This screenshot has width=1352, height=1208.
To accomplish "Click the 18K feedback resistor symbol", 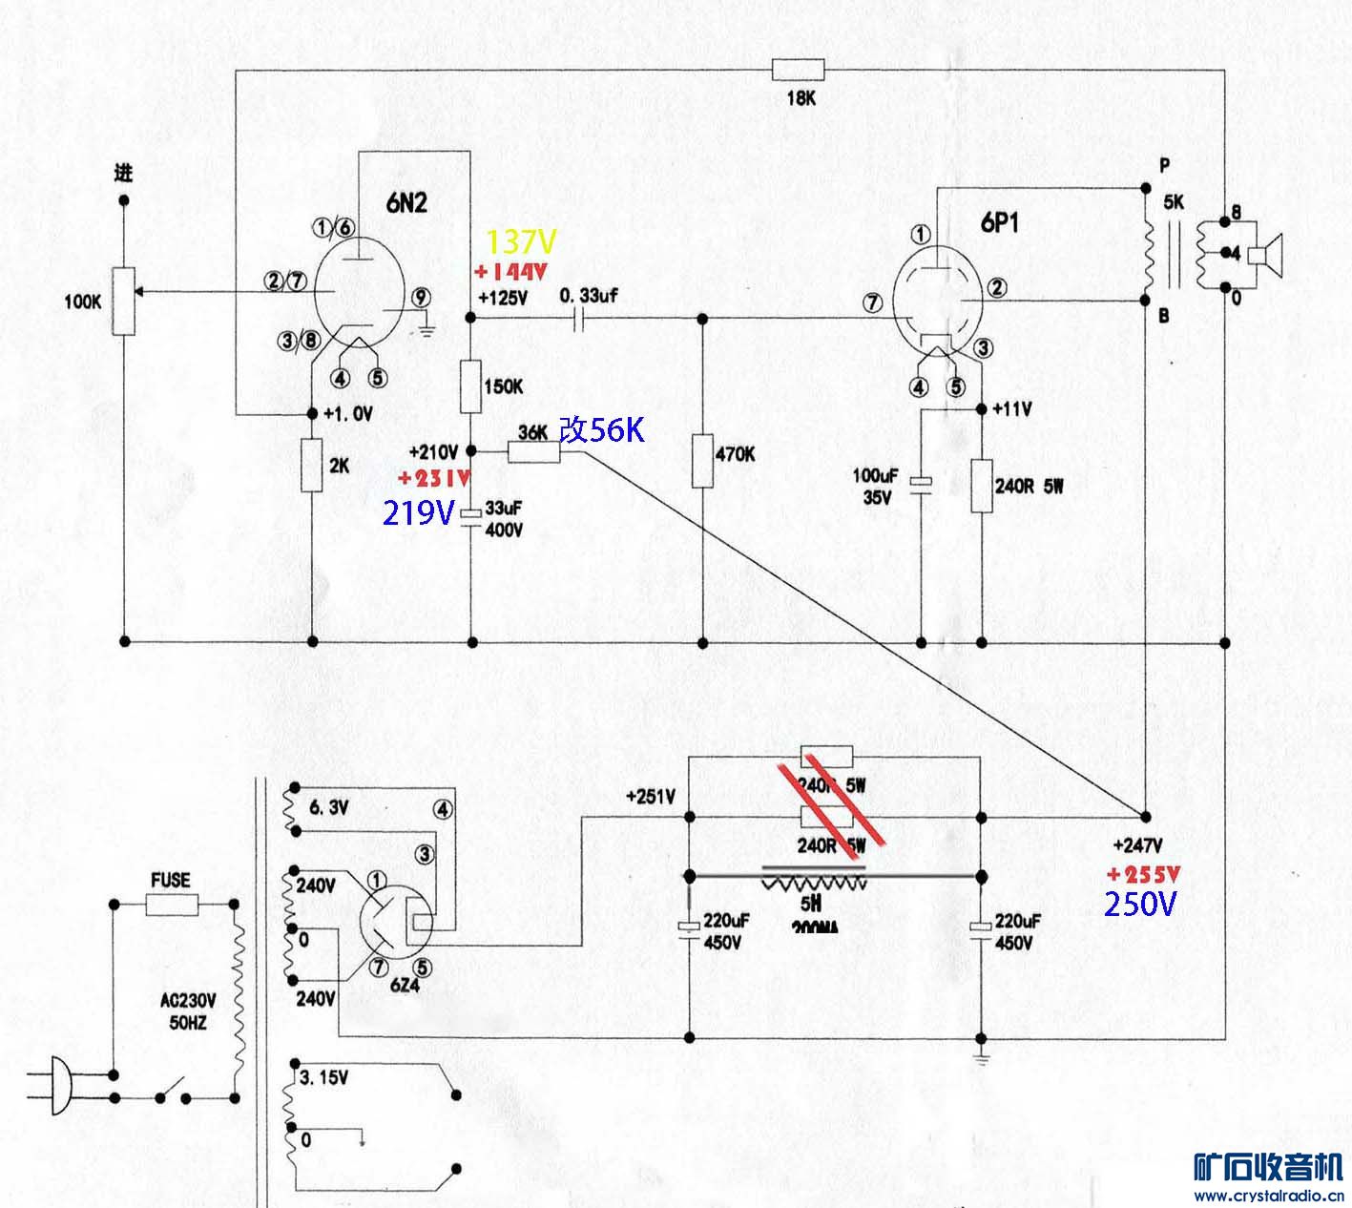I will click(x=798, y=70).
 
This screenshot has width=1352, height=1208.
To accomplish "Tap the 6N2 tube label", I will click(x=406, y=202).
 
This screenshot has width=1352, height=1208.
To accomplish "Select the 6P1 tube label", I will click(x=999, y=222).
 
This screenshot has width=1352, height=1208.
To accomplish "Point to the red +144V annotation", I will click(x=511, y=272).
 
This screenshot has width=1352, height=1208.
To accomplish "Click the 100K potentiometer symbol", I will click(x=124, y=302).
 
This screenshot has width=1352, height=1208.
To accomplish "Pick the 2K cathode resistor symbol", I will click(x=312, y=466).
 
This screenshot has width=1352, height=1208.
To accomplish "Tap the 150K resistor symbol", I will click(x=472, y=385).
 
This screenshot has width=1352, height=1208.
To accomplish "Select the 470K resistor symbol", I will click(x=703, y=460).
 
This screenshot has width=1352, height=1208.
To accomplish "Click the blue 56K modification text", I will click(x=602, y=430).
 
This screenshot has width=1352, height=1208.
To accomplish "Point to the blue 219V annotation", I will click(x=418, y=513).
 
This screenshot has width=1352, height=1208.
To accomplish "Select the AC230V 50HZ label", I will click(x=188, y=1011).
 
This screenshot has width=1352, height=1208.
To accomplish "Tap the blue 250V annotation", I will click(x=1140, y=904).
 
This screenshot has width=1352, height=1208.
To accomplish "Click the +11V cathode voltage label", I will click(x=1012, y=409).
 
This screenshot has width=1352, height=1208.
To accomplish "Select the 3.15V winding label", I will click(x=323, y=1078).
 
